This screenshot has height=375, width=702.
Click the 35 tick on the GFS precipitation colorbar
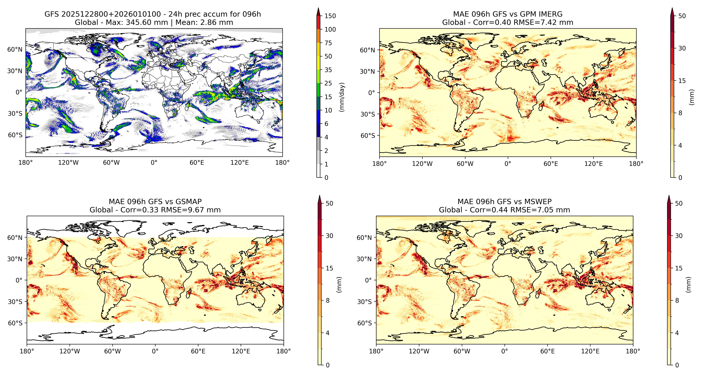(x=328, y=70)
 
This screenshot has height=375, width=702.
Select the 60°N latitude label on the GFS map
(x=15, y=50)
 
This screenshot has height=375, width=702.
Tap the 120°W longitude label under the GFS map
(x=68, y=163)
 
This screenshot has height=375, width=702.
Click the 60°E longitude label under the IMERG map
(x=551, y=164)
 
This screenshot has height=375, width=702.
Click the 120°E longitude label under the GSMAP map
(x=241, y=351)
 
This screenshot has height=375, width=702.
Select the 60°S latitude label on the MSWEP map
(x=364, y=323)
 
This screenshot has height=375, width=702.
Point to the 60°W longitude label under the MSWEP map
(x=462, y=351)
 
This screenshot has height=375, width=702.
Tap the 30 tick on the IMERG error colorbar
(x=682, y=48)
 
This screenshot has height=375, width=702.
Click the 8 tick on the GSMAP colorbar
(x=328, y=300)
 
